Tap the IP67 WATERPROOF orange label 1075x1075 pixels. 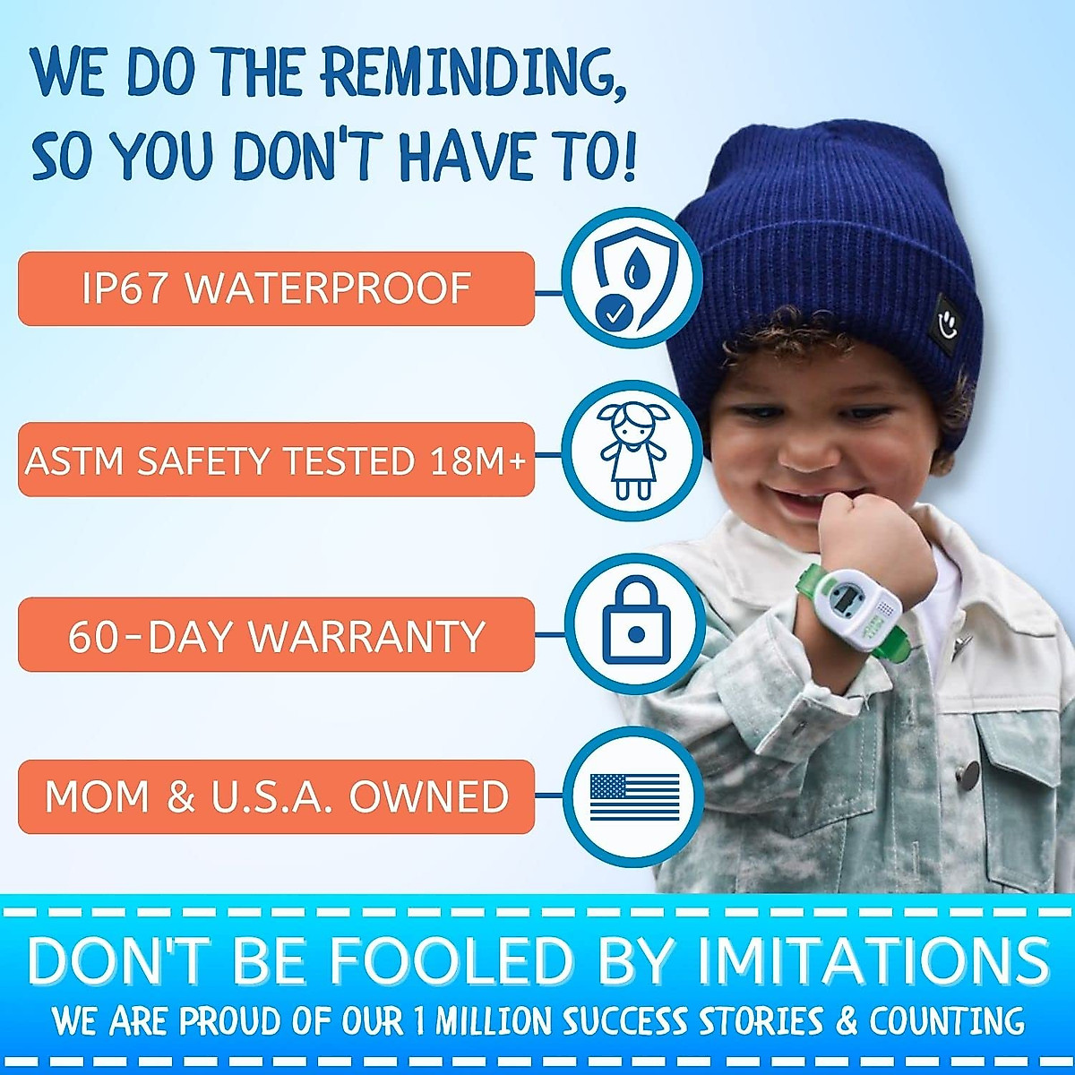click(276, 288)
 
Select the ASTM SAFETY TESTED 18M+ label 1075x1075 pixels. click(276, 460)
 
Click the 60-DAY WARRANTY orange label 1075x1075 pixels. click(276, 635)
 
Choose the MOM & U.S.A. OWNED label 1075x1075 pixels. click(276, 796)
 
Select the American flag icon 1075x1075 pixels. click(634, 796)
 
